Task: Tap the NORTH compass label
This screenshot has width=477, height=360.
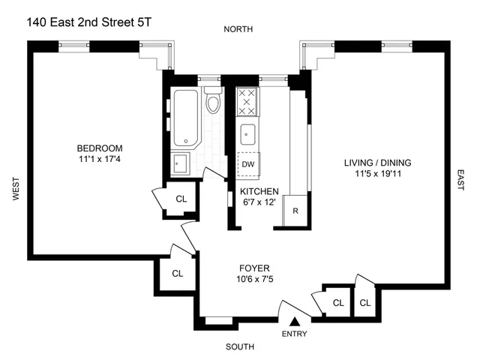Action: click(238, 29)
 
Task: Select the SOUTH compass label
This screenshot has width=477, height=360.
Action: click(238, 346)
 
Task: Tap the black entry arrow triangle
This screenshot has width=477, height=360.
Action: click(294, 321)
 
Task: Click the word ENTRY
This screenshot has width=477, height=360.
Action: click(294, 334)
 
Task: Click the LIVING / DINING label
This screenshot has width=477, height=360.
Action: click(378, 163)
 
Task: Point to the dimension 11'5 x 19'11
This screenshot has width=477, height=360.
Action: click(378, 174)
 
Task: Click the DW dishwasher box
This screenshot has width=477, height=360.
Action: click(247, 164)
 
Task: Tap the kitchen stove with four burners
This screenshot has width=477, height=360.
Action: click(247, 100)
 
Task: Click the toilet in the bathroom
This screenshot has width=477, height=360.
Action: click(213, 102)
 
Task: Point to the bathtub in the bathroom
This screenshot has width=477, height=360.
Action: click(185, 117)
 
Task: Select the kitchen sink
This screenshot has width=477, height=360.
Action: click(247, 135)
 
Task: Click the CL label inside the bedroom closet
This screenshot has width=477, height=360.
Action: click(181, 199)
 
